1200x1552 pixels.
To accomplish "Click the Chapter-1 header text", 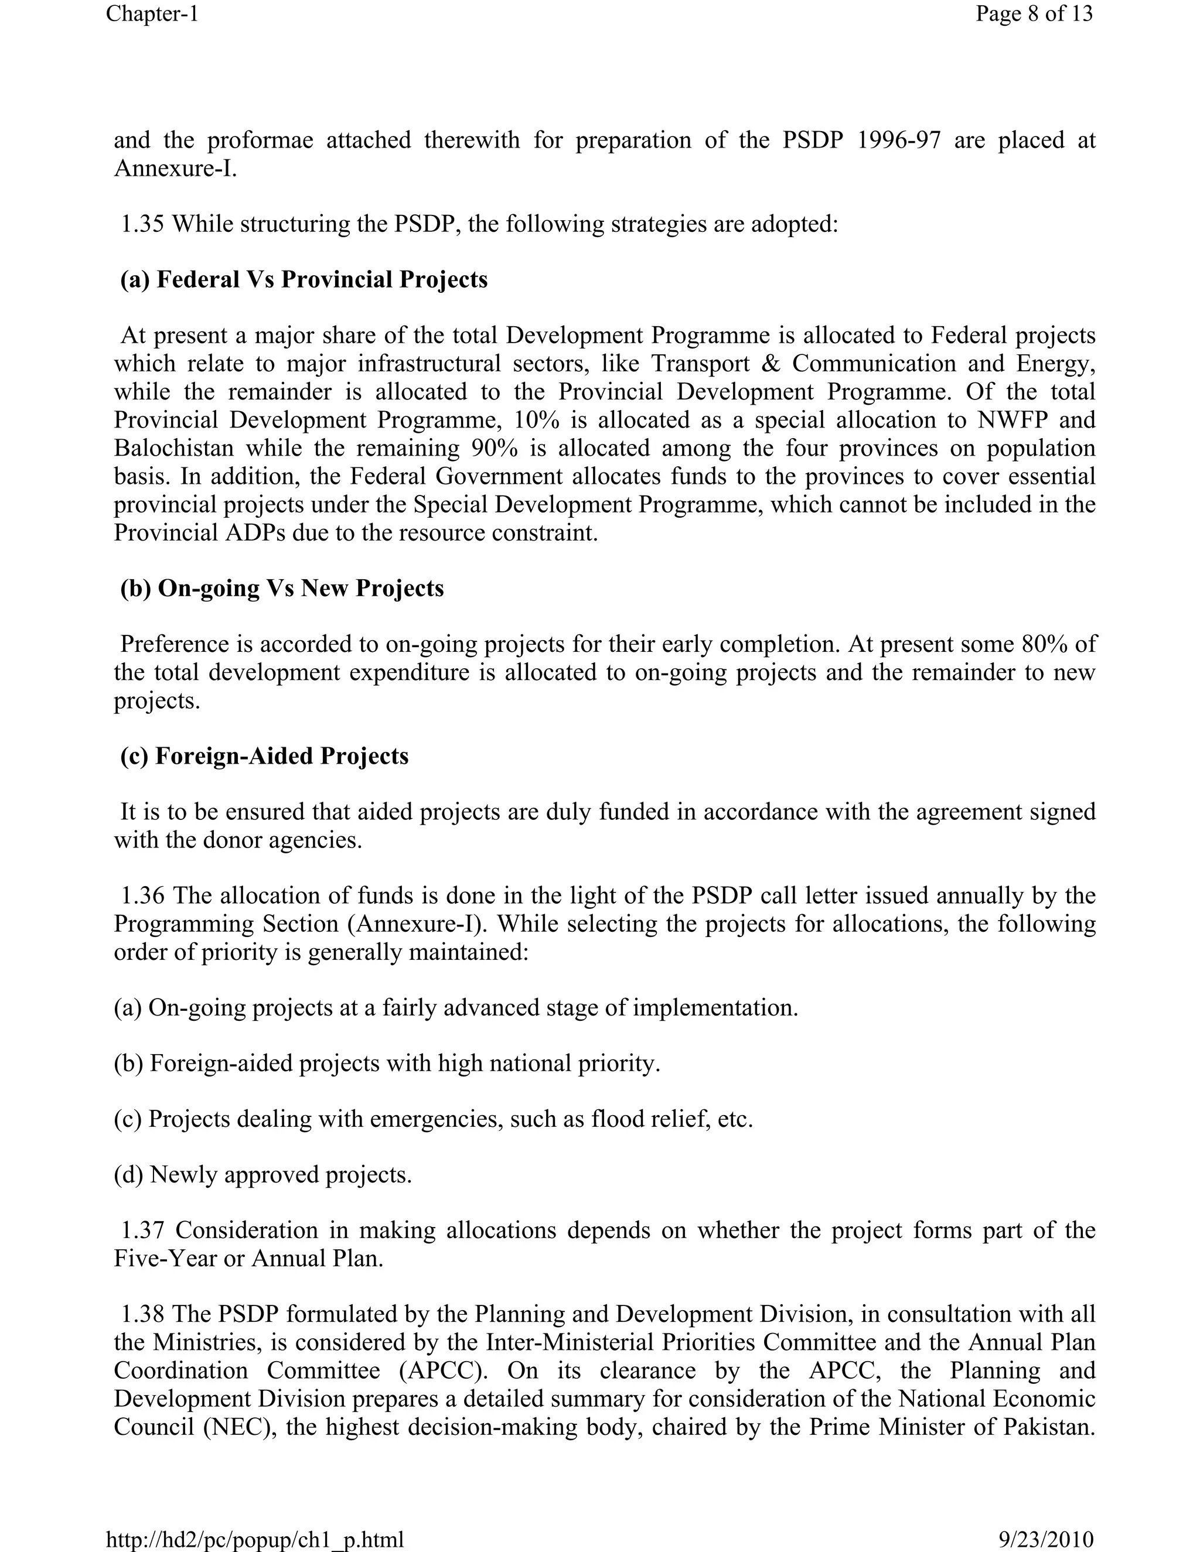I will pyautogui.click(x=152, y=13).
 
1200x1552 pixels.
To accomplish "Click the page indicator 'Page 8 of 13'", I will pyautogui.click(x=1034, y=13).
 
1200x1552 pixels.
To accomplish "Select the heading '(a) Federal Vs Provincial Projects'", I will pyautogui.click(x=304, y=279).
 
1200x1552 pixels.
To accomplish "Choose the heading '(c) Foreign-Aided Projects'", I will pyautogui.click(x=264, y=756).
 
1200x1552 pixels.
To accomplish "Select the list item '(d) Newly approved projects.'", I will pyautogui.click(x=263, y=1175).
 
